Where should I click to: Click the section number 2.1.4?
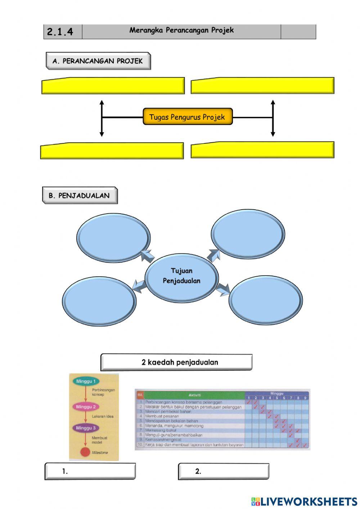[x=60, y=32]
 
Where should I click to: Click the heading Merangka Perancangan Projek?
[x=181, y=31]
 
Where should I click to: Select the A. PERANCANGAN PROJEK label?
[x=98, y=61]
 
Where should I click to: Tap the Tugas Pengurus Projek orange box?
[x=188, y=117]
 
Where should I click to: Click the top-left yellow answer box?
[x=113, y=86]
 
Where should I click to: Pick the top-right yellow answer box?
[x=262, y=86]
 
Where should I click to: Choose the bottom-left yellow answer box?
[x=112, y=151]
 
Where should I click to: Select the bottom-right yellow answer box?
[x=262, y=151]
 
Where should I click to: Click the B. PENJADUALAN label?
[x=80, y=196]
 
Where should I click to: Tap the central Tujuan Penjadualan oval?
[x=182, y=276]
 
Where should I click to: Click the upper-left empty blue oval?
[x=113, y=237]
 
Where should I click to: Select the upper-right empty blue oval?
[x=248, y=234]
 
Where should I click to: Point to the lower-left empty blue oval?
[x=99, y=301]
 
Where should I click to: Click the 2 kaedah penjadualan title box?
[x=176, y=362]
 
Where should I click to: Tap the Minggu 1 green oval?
[x=86, y=381]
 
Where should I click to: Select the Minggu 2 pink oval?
[x=86, y=407]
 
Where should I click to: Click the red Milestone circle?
[x=85, y=452]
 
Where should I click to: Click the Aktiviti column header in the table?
[x=194, y=395]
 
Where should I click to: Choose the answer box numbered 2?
[x=224, y=471]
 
